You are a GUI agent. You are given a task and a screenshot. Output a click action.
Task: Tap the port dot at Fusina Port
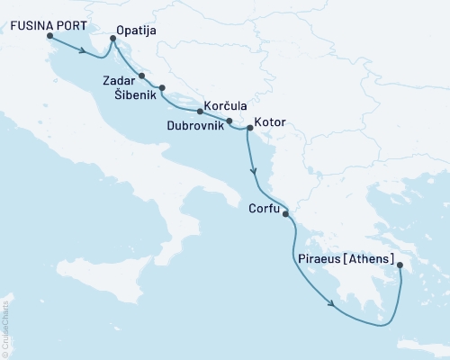coord(49,37)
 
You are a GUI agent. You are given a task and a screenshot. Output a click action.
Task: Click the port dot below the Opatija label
coord(112,39)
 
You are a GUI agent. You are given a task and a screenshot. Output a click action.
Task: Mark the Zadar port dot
coord(142,76)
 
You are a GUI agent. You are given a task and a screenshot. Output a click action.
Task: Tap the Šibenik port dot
coord(162,87)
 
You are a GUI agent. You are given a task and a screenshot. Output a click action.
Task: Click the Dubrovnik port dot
coord(229,121)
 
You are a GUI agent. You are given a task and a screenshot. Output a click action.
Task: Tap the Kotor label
coord(271,121)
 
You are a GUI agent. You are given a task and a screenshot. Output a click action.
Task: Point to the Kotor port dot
coord(249,128)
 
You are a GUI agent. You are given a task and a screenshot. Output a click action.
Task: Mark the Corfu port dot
coord(285,214)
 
